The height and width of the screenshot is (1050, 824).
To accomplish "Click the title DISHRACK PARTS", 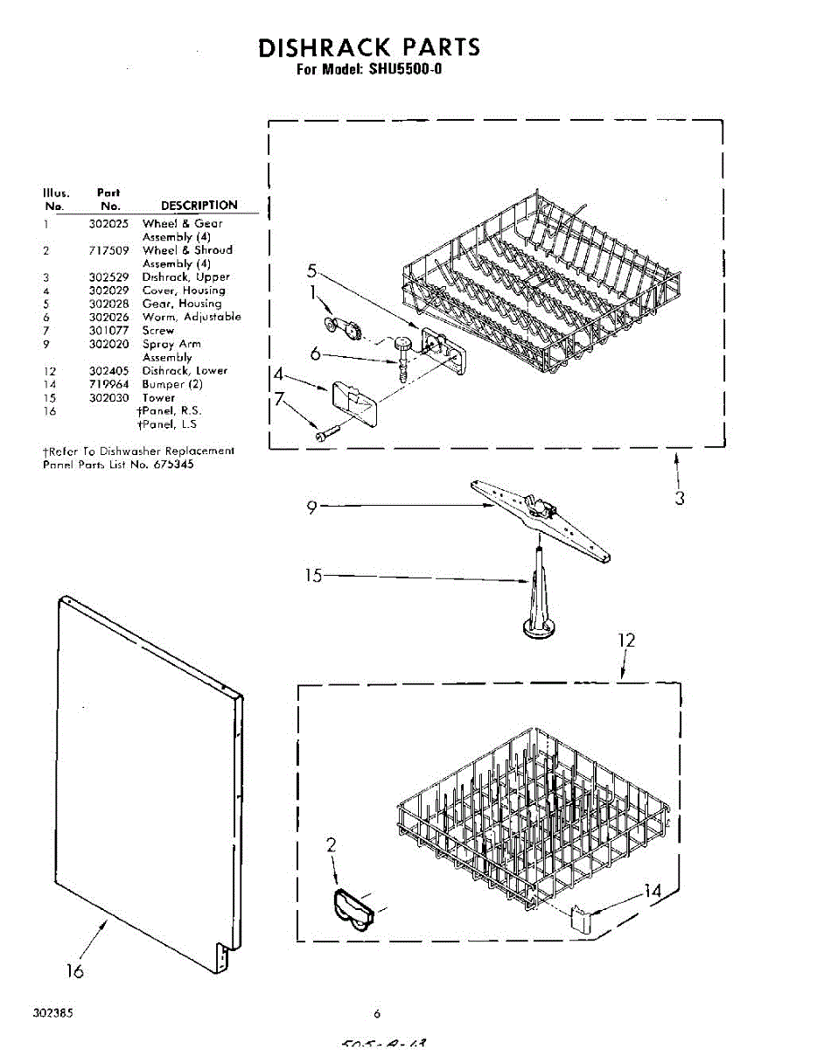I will (x=368, y=47).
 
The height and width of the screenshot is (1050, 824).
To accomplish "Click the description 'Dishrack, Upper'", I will (x=186, y=277).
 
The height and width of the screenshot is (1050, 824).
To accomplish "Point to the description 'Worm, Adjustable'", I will (x=192, y=317).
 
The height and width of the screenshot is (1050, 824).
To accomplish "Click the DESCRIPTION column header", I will (x=199, y=206).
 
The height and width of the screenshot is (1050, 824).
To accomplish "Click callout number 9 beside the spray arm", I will (x=312, y=507).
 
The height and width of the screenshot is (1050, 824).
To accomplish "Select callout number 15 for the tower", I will (x=313, y=576).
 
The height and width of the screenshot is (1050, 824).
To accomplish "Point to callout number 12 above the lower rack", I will (x=626, y=640).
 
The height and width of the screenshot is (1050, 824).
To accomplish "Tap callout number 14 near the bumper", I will (x=653, y=891).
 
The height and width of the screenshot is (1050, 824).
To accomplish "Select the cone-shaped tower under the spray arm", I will (x=537, y=604).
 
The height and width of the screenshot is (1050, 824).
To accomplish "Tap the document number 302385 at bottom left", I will (x=53, y=1013).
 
